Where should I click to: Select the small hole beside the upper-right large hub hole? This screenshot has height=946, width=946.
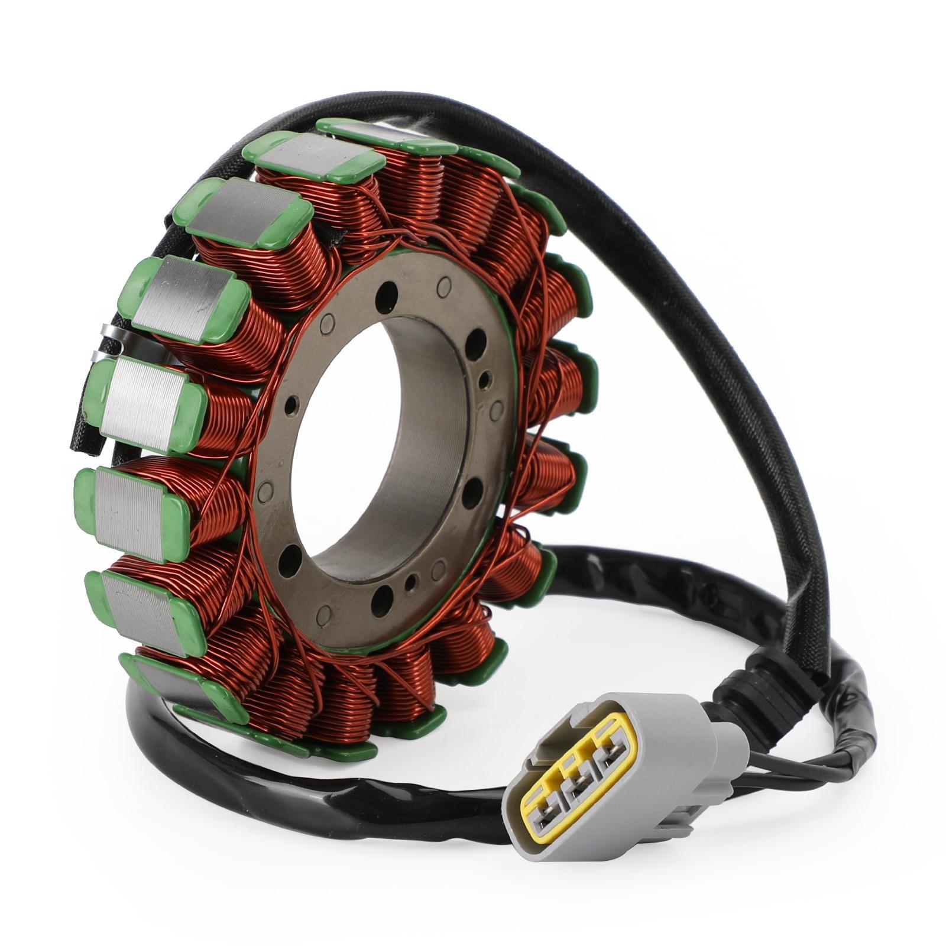[x=485, y=377]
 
